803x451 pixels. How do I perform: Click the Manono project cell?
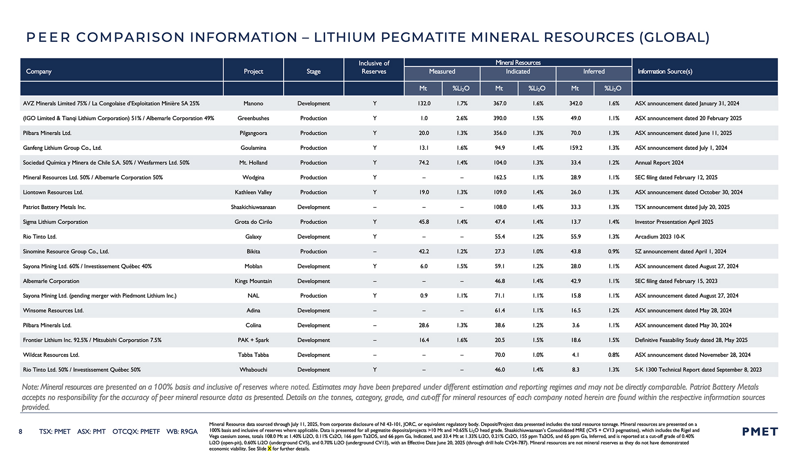(x=253, y=103)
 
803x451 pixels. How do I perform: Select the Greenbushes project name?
(x=253, y=118)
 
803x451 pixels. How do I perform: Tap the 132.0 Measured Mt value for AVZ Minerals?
(x=424, y=103)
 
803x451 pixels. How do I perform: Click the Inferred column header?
(x=594, y=71)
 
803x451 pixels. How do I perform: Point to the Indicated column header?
(x=518, y=71)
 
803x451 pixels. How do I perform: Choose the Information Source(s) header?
(x=665, y=71)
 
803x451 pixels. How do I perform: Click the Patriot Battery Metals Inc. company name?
(x=54, y=207)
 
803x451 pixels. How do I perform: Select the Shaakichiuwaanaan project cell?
(x=253, y=207)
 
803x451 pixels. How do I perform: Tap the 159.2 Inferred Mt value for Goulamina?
(x=575, y=148)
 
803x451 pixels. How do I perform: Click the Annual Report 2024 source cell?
(x=659, y=162)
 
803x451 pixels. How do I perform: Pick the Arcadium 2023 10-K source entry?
(x=660, y=236)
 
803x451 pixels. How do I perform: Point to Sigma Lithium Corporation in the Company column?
(x=55, y=222)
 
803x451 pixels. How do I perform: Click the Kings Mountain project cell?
(x=253, y=281)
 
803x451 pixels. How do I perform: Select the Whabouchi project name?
(x=253, y=370)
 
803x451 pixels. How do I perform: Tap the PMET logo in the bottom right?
(x=760, y=432)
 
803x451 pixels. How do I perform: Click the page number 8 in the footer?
(x=21, y=431)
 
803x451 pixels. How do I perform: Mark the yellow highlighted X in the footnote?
(x=269, y=449)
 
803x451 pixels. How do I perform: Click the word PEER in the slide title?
(x=48, y=37)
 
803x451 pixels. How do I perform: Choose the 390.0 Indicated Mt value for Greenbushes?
(x=500, y=118)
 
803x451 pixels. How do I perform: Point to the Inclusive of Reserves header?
(x=374, y=67)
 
